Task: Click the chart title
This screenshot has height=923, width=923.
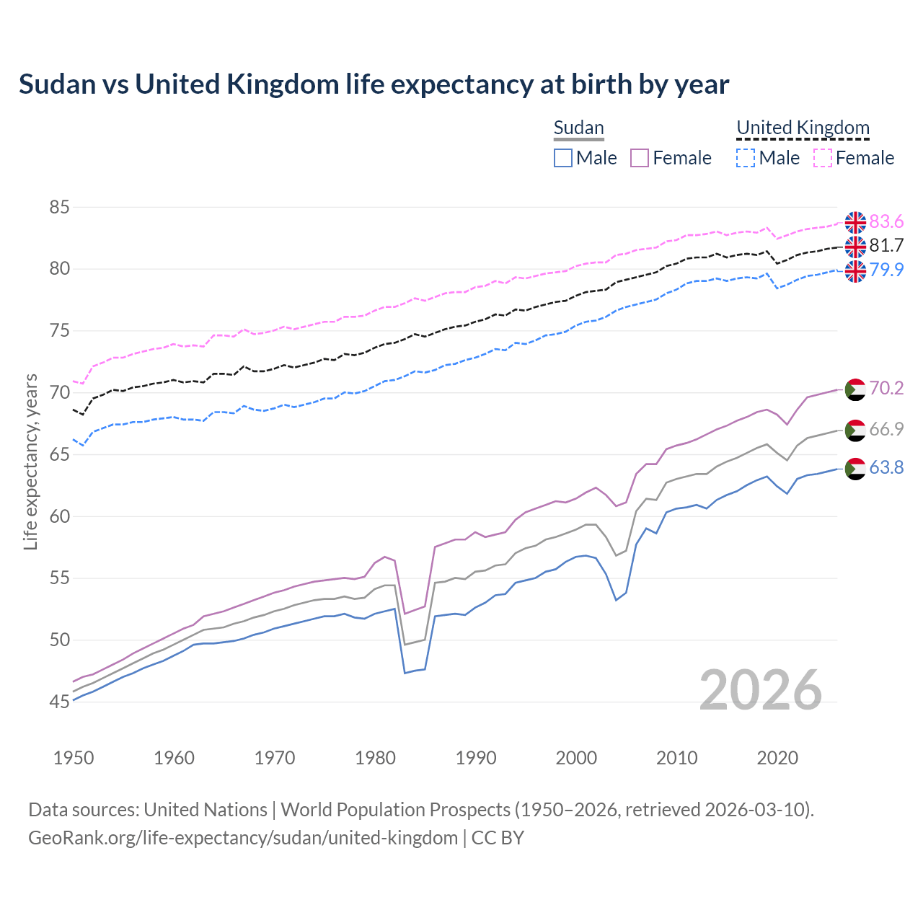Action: click(x=374, y=84)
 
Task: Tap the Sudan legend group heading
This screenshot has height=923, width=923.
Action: click(x=578, y=128)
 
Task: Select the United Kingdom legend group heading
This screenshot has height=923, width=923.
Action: click(x=803, y=128)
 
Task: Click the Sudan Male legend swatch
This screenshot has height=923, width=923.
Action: click(x=563, y=158)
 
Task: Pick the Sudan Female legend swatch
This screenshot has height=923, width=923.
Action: click(x=640, y=158)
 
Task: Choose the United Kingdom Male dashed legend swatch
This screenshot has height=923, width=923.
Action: click(x=746, y=158)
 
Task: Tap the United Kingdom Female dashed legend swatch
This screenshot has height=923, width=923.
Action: click(x=823, y=158)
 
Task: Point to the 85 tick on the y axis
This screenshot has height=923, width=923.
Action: click(x=59, y=208)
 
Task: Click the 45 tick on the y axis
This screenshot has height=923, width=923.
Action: click(x=59, y=702)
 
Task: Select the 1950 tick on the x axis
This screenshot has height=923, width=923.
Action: click(x=74, y=758)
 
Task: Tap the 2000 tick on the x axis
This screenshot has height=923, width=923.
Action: click(x=576, y=758)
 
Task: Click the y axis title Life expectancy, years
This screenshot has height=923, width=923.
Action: click(x=31, y=461)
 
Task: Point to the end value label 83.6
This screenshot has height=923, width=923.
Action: click(x=886, y=221)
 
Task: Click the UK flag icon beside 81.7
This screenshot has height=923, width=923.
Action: click(x=855, y=247)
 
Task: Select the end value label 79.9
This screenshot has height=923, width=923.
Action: click(x=886, y=270)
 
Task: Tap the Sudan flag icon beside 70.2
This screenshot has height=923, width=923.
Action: click(x=855, y=389)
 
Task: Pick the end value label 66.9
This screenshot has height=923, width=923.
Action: click(x=886, y=429)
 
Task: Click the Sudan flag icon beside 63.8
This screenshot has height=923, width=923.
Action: click(x=855, y=469)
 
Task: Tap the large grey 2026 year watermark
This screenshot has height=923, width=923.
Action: click(x=760, y=690)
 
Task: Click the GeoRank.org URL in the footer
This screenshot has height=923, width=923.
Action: click(x=243, y=838)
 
